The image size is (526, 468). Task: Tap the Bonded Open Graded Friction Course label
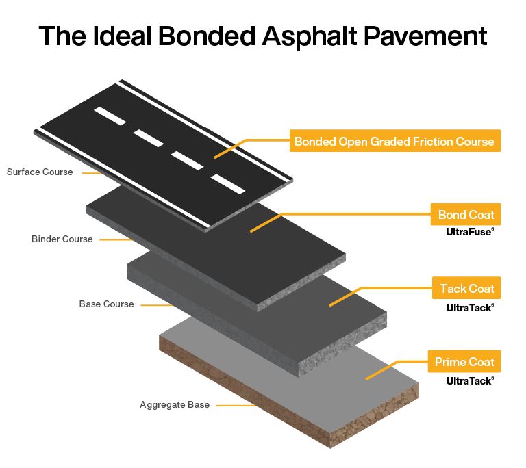click(x=394, y=142)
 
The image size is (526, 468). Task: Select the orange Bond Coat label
click(x=466, y=215)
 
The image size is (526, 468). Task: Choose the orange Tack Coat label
click(x=466, y=288)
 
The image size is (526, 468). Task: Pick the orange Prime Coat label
click(x=464, y=362)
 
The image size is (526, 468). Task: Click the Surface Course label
click(x=40, y=172)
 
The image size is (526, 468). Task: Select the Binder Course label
click(x=62, y=239)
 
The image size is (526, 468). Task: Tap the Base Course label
click(x=106, y=304)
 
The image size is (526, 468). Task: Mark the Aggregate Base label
click(x=175, y=405)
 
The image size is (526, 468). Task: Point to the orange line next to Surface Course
click(x=92, y=172)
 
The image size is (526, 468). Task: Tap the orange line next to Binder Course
click(x=114, y=239)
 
